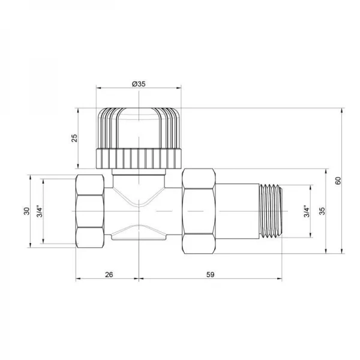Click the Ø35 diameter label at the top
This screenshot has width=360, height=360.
(139, 84)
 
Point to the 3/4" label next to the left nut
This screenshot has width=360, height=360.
(39, 211)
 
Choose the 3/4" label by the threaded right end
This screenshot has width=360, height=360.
(306, 211)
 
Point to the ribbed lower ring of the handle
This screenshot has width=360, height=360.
(139, 159)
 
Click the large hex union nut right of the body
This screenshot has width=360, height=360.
(198, 211)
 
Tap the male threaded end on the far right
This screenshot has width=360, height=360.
(268, 211)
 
